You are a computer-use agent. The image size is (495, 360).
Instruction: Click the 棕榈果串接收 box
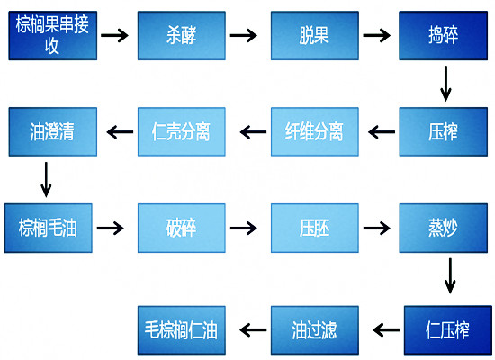coord(53,35)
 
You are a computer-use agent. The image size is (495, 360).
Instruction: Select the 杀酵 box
coord(182,35)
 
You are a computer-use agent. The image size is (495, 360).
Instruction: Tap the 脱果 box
coord(315,35)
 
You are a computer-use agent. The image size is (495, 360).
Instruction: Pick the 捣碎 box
coord(443,35)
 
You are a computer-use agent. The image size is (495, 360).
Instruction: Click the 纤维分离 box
coord(315,131)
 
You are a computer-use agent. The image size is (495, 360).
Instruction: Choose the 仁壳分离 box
coord(182,131)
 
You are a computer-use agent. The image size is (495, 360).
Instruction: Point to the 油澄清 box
coord(53,131)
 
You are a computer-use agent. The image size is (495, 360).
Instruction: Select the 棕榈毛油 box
coord(49,228)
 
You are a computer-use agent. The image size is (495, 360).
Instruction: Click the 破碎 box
coord(182,228)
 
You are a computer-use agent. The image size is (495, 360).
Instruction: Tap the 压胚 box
coord(315,228)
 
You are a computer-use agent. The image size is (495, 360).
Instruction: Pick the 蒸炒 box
coord(443,228)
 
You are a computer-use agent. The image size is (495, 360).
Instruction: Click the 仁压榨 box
coord(448,330)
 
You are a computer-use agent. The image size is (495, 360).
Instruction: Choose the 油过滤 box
coord(315,330)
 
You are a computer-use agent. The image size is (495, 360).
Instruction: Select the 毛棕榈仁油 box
coord(182,330)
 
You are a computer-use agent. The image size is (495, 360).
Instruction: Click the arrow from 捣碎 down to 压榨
coord(445,84)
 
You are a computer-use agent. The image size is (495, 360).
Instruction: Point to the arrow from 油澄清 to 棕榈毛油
coord(46,180)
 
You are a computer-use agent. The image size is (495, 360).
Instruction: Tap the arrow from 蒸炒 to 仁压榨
coord(450,276)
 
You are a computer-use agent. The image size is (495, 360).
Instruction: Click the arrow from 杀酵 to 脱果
coord(243,35)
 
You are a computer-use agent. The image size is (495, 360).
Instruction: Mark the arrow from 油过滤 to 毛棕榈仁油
coord(253,330)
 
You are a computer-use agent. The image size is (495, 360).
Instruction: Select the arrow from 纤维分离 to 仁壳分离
coord(253,132)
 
